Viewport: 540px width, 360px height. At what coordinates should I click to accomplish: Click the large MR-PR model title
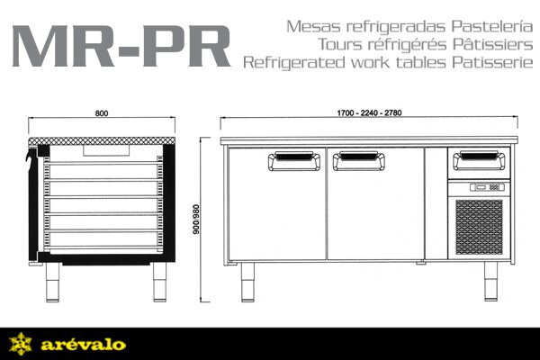click(121, 46)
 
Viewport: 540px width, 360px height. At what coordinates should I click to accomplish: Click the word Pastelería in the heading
click(492, 26)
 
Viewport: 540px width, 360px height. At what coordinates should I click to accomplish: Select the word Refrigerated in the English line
click(294, 62)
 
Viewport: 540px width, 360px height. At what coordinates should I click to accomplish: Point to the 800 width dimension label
click(102, 113)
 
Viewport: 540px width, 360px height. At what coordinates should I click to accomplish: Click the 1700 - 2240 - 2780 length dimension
click(369, 112)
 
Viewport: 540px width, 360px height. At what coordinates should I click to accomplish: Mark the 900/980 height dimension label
click(196, 220)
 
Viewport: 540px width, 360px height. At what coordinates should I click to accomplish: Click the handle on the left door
click(294, 161)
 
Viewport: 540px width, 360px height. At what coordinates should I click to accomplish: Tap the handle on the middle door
click(359, 161)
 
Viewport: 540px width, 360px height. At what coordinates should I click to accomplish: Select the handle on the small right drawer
click(479, 161)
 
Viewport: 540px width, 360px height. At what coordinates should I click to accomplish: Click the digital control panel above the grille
click(487, 187)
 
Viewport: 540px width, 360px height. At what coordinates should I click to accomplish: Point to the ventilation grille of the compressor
click(479, 227)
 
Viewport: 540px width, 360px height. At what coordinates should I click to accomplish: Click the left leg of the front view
click(247, 282)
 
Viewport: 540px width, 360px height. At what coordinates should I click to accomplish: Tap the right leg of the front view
click(491, 281)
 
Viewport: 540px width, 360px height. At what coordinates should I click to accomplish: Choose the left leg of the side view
click(52, 282)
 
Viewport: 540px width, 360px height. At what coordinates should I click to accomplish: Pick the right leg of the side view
click(160, 282)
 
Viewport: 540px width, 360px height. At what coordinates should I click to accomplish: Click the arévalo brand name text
click(83, 345)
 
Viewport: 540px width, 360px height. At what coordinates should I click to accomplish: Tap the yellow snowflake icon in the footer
click(21, 344)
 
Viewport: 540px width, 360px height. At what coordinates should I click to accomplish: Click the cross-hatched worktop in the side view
click(102, 141)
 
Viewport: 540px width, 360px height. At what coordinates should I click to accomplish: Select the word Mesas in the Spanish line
click(314, 26)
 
